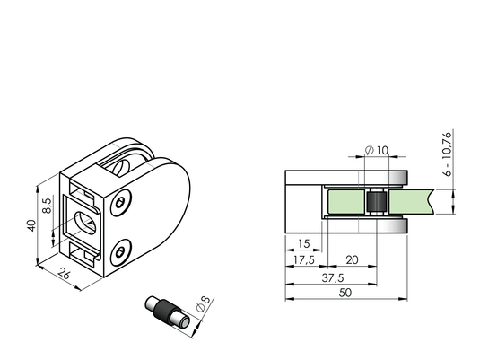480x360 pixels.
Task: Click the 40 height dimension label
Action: click(31, 225)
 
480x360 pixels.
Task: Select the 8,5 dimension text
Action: click(47, 206)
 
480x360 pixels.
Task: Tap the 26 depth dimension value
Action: click(64, 273)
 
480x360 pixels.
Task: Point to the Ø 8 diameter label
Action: click(204, 304)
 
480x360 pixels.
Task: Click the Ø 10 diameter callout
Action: click(377, 150)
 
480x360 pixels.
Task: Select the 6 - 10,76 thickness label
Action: click(447, 154)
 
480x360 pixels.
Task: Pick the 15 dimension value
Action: click(303, 244)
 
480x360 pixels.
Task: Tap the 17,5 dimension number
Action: click(303, 260)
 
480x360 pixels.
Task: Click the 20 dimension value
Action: click(352, 260)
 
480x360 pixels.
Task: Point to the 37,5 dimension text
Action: click(333, 278)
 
